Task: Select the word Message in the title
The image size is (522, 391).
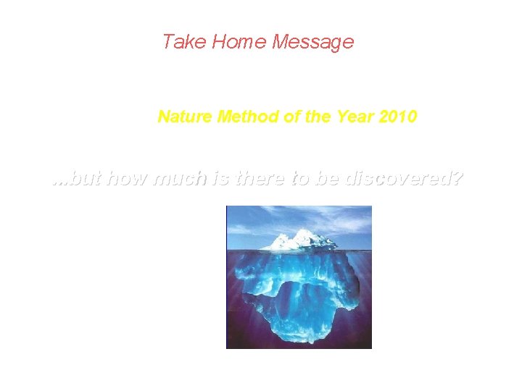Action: [312, 42]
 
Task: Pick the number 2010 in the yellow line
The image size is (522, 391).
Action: [398, 116]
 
